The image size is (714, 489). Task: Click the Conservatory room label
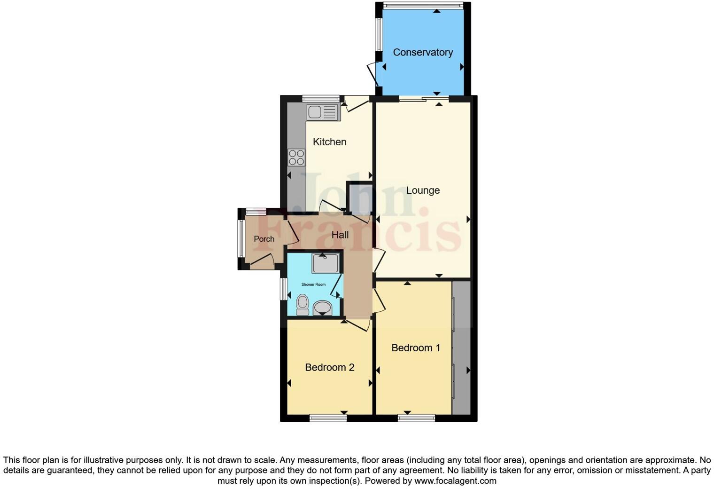[423, 52]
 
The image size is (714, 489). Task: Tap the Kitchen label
[329, 142]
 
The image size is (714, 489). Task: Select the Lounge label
[423, 190]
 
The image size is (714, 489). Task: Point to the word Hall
[340, 235]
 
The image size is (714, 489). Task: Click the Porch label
[264, 239]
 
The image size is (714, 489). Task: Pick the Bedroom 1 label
[416, 348]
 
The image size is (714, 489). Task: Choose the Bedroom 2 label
[329, 368]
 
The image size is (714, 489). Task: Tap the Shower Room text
[313, 284]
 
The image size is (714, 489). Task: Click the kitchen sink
[322, 112]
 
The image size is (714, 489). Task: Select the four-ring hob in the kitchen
[296, 158]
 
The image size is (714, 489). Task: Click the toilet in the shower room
[303, 304]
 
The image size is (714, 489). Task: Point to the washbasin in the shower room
[322, 308]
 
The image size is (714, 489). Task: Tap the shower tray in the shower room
[325, 263]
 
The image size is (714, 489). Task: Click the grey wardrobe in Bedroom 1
[461, 348]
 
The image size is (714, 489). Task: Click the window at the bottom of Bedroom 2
[328, 418]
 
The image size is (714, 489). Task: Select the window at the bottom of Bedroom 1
[416, 418]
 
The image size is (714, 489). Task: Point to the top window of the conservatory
[422, 6]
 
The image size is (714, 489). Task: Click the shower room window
[284, 289]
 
